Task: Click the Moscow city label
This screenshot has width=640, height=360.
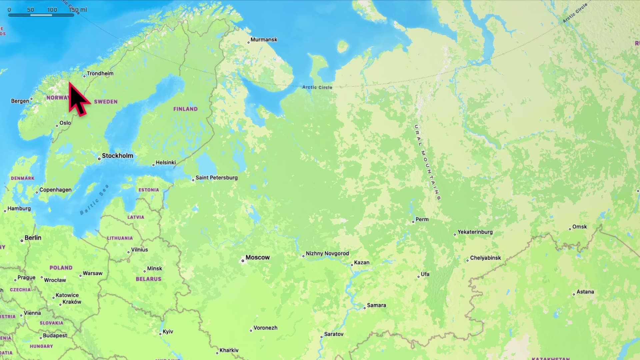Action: tap(257, 257)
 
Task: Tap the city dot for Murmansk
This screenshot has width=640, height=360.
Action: tap(248, 42)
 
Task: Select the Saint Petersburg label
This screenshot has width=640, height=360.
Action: tap(216, 178)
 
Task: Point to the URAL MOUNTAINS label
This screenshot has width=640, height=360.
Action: tap(427, 162)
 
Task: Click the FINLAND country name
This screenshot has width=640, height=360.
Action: tap(185, 109)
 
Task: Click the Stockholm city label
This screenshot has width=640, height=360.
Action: tap(117, 156)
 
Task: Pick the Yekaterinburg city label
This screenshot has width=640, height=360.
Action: tap(475, 232)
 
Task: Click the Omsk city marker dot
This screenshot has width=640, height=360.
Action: tap(570, 229)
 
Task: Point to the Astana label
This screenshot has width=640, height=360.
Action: tap(585, 292)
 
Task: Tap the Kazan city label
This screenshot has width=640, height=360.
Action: tap(361, 263)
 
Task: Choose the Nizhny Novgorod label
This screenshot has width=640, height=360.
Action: tap(327, 253)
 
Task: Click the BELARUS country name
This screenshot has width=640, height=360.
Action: tap(148, 279)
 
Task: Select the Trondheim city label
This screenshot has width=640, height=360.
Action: tap(100, 73)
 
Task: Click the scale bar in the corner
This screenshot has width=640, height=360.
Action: tap(41, 15)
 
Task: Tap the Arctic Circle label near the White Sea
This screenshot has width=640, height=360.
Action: tap(317, 87)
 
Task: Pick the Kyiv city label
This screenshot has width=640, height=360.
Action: tap(168, 331)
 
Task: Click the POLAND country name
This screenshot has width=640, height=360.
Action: tap(61, 268)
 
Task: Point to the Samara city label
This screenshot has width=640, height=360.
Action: tap(376, 305)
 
